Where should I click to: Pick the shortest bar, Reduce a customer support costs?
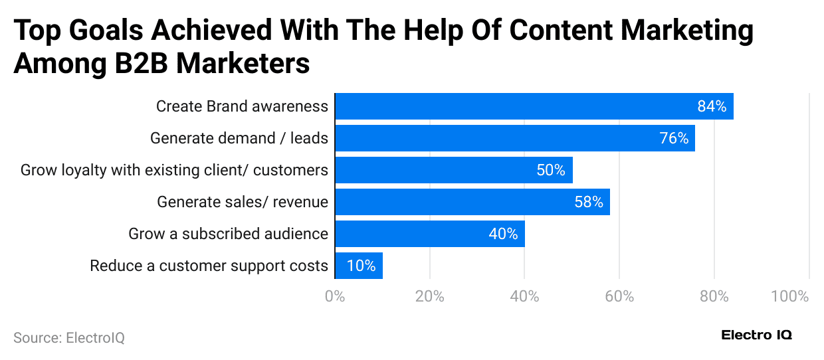tap(358, 266)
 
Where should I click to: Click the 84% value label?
tap(712, 106)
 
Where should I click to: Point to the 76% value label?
tap(674, 138)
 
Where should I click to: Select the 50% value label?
tap(551, 170)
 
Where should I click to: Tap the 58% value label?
tap(589, 202)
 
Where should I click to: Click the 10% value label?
tap(361, 266)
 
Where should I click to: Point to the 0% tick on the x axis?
tap(335, 296)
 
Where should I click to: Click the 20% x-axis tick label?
tap(429, 296)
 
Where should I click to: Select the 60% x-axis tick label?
tap(619, 296)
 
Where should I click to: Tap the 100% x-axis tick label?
tap(789, 296)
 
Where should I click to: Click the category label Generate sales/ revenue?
tap(243, 202)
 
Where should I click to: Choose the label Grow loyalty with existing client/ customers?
tap(174, 170)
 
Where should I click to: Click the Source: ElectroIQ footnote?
tap(69, 338)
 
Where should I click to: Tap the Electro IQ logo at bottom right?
tap(756, 335)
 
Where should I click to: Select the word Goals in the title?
tap(112, 31)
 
